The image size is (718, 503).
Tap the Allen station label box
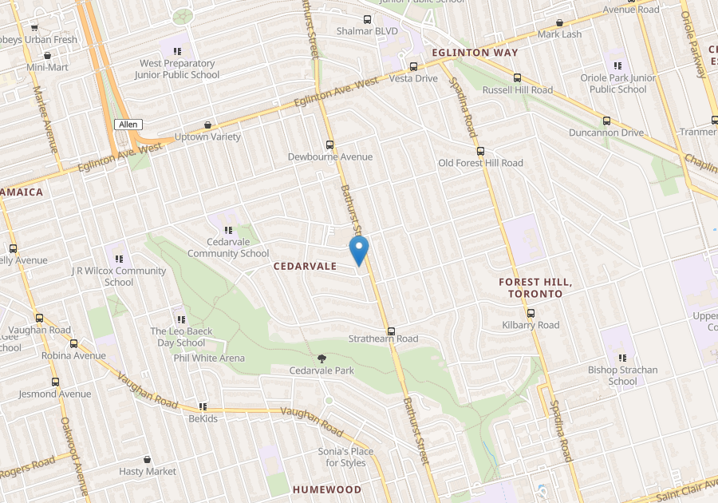pos(128,125)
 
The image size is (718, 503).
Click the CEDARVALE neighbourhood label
pos(306,266)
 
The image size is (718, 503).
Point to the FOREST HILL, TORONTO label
pos(535,287)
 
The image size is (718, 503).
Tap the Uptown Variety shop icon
pos(208,125)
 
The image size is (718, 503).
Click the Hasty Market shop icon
pos(148,460)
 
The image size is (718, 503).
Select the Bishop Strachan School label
pos(623,375)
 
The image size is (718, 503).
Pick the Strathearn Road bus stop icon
pos(391,331)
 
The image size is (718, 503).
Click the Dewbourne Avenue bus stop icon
pos(330,145)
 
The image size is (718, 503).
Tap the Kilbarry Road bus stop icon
pos(531,314)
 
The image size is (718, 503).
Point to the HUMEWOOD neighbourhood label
pos(326,489)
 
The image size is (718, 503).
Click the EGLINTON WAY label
pos(475,53)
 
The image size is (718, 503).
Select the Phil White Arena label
pos(209,358)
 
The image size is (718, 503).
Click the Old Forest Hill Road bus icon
pos(480,151)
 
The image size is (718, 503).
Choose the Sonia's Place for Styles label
pos(345,457)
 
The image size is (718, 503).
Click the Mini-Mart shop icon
pos(48,56)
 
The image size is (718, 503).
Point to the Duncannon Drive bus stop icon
pos(606,121)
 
